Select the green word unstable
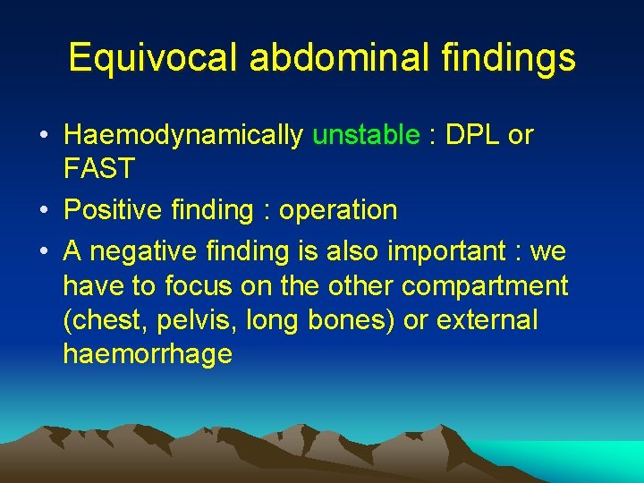(366, 135)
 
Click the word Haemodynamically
(183, 136)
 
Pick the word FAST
(99, 168)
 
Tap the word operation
(338, 211)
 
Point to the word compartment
(485, 286)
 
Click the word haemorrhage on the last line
(148, 354)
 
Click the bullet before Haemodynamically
(43, 136)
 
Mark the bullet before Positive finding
(43, 211)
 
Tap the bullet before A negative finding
(43, 252)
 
